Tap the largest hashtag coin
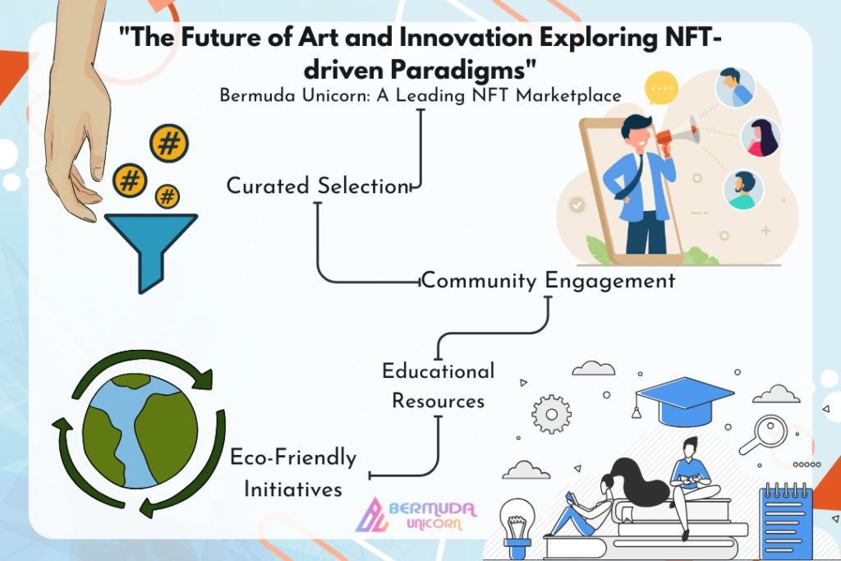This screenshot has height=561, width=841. [x=169, y=143]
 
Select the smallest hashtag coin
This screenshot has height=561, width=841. [x=168, y=196]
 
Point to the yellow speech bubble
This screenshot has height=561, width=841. [x=661, y=88]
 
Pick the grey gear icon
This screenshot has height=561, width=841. [x=551, y=414]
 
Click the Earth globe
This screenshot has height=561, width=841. [x=140, y=430]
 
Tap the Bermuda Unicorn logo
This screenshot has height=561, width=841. [x=416, y=515]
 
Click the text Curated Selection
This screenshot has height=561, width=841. [x=318, y=186]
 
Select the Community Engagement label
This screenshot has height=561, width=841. [x=548, y=281]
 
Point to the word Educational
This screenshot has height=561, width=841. [x=439, y=371]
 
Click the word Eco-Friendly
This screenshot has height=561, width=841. [x=293, y=458]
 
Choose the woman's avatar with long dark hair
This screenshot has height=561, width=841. [x=761, y=137]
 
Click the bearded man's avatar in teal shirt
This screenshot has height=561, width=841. [x=743, y=190]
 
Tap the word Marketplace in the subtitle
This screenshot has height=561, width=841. [x=568, y=95]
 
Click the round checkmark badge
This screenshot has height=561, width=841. [x=577, y=205]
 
